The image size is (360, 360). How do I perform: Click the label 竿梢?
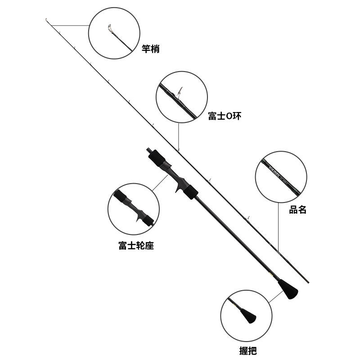coord(150,49)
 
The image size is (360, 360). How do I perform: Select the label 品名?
coord(297,210)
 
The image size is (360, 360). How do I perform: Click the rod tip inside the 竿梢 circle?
coord(110,28)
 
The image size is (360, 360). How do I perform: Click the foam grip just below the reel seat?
coord(191,191)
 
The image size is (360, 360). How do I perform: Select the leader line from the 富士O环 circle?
coord(179,135)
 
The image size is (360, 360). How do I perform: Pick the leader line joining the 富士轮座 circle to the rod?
coord(160,182)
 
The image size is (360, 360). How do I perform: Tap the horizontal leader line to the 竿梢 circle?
coord(72,25)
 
